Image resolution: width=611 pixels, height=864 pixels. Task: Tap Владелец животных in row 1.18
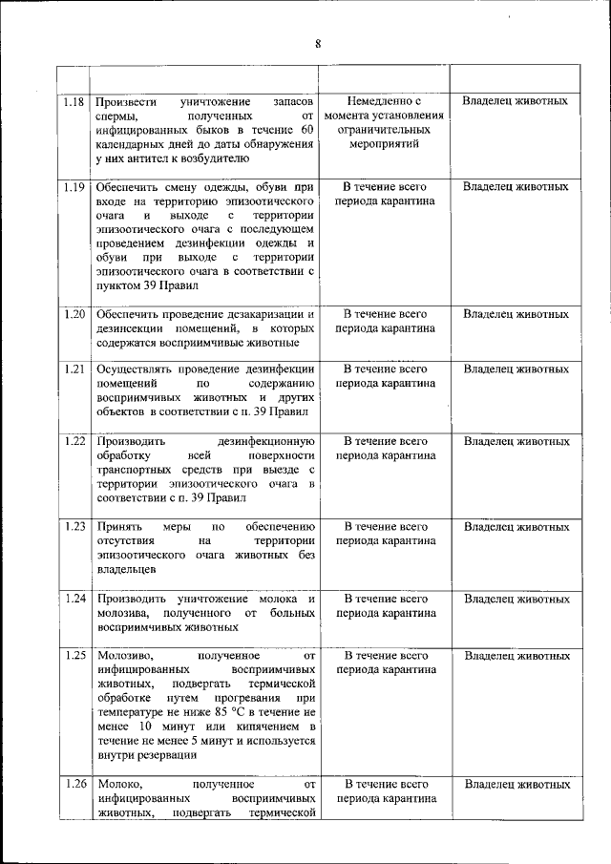point(516,100)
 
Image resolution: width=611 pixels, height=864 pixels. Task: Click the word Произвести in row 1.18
point(130,101)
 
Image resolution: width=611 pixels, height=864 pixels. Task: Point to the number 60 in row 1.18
point(305,130)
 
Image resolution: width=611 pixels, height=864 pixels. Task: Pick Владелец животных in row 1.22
point(516,442)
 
